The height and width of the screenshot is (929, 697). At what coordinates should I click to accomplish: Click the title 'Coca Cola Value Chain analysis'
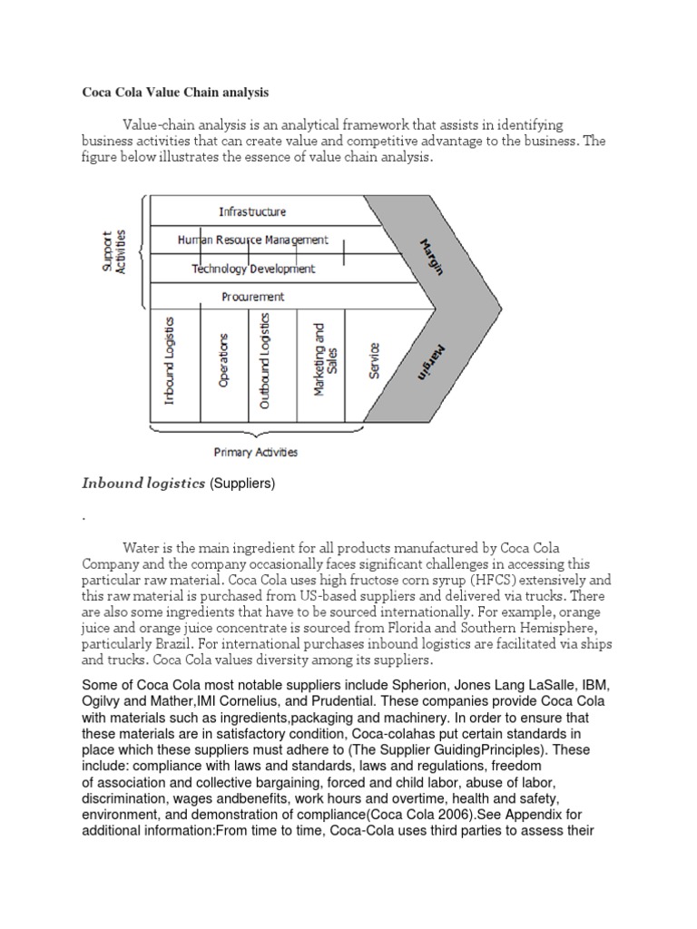pos(175,93)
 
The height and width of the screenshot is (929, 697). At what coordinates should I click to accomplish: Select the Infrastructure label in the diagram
pos(252,211)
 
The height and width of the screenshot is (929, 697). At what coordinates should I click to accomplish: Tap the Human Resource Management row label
pos(252,240)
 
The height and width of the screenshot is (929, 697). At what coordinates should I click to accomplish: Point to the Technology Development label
pos(253,269)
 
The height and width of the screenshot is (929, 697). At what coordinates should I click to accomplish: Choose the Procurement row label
pos(253,297)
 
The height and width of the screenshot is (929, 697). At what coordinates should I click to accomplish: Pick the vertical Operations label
pos(223,361)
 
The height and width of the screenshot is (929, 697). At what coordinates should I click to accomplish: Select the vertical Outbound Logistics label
pos(265,361)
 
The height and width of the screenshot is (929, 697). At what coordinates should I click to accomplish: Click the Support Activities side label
pos(114,251)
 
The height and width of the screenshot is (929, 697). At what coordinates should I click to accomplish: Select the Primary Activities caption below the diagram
pos(255,452)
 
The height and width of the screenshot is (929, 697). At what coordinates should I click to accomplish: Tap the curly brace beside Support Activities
pos(140,251)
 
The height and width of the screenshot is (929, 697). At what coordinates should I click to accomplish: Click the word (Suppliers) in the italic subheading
pos(242,484)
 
